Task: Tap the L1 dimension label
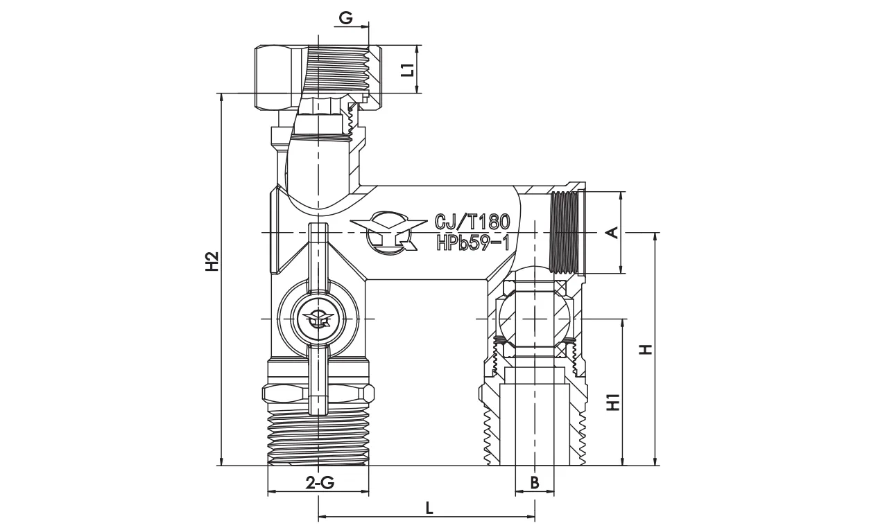pyautogui.click(x=408, y=69)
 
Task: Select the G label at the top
pyautogui.click(x=345, y=19)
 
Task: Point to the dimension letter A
pyautogui.click(x=612, y=233)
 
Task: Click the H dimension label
pyautogui.click(x=646, y=349)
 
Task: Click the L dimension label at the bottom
pyautogui.click(x=429, y=508)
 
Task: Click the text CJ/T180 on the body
pyautogui.click(x=472, y=222)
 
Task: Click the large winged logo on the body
pyautogui.click(x=388, y=233)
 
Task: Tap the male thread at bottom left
pyautogui.click(x=318, y=436)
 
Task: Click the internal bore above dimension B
pyautogui.click(x=535, y=423)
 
